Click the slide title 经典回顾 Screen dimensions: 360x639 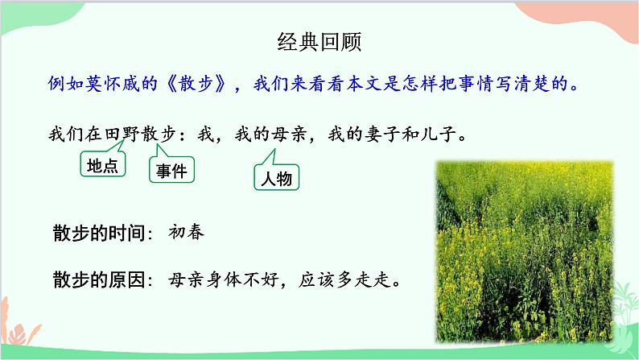(x=319, y=43)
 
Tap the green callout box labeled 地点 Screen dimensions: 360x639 (x=102, y=165)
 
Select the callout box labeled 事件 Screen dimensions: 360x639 (x=171, y=170)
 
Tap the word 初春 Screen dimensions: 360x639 (x=187, y=233)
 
